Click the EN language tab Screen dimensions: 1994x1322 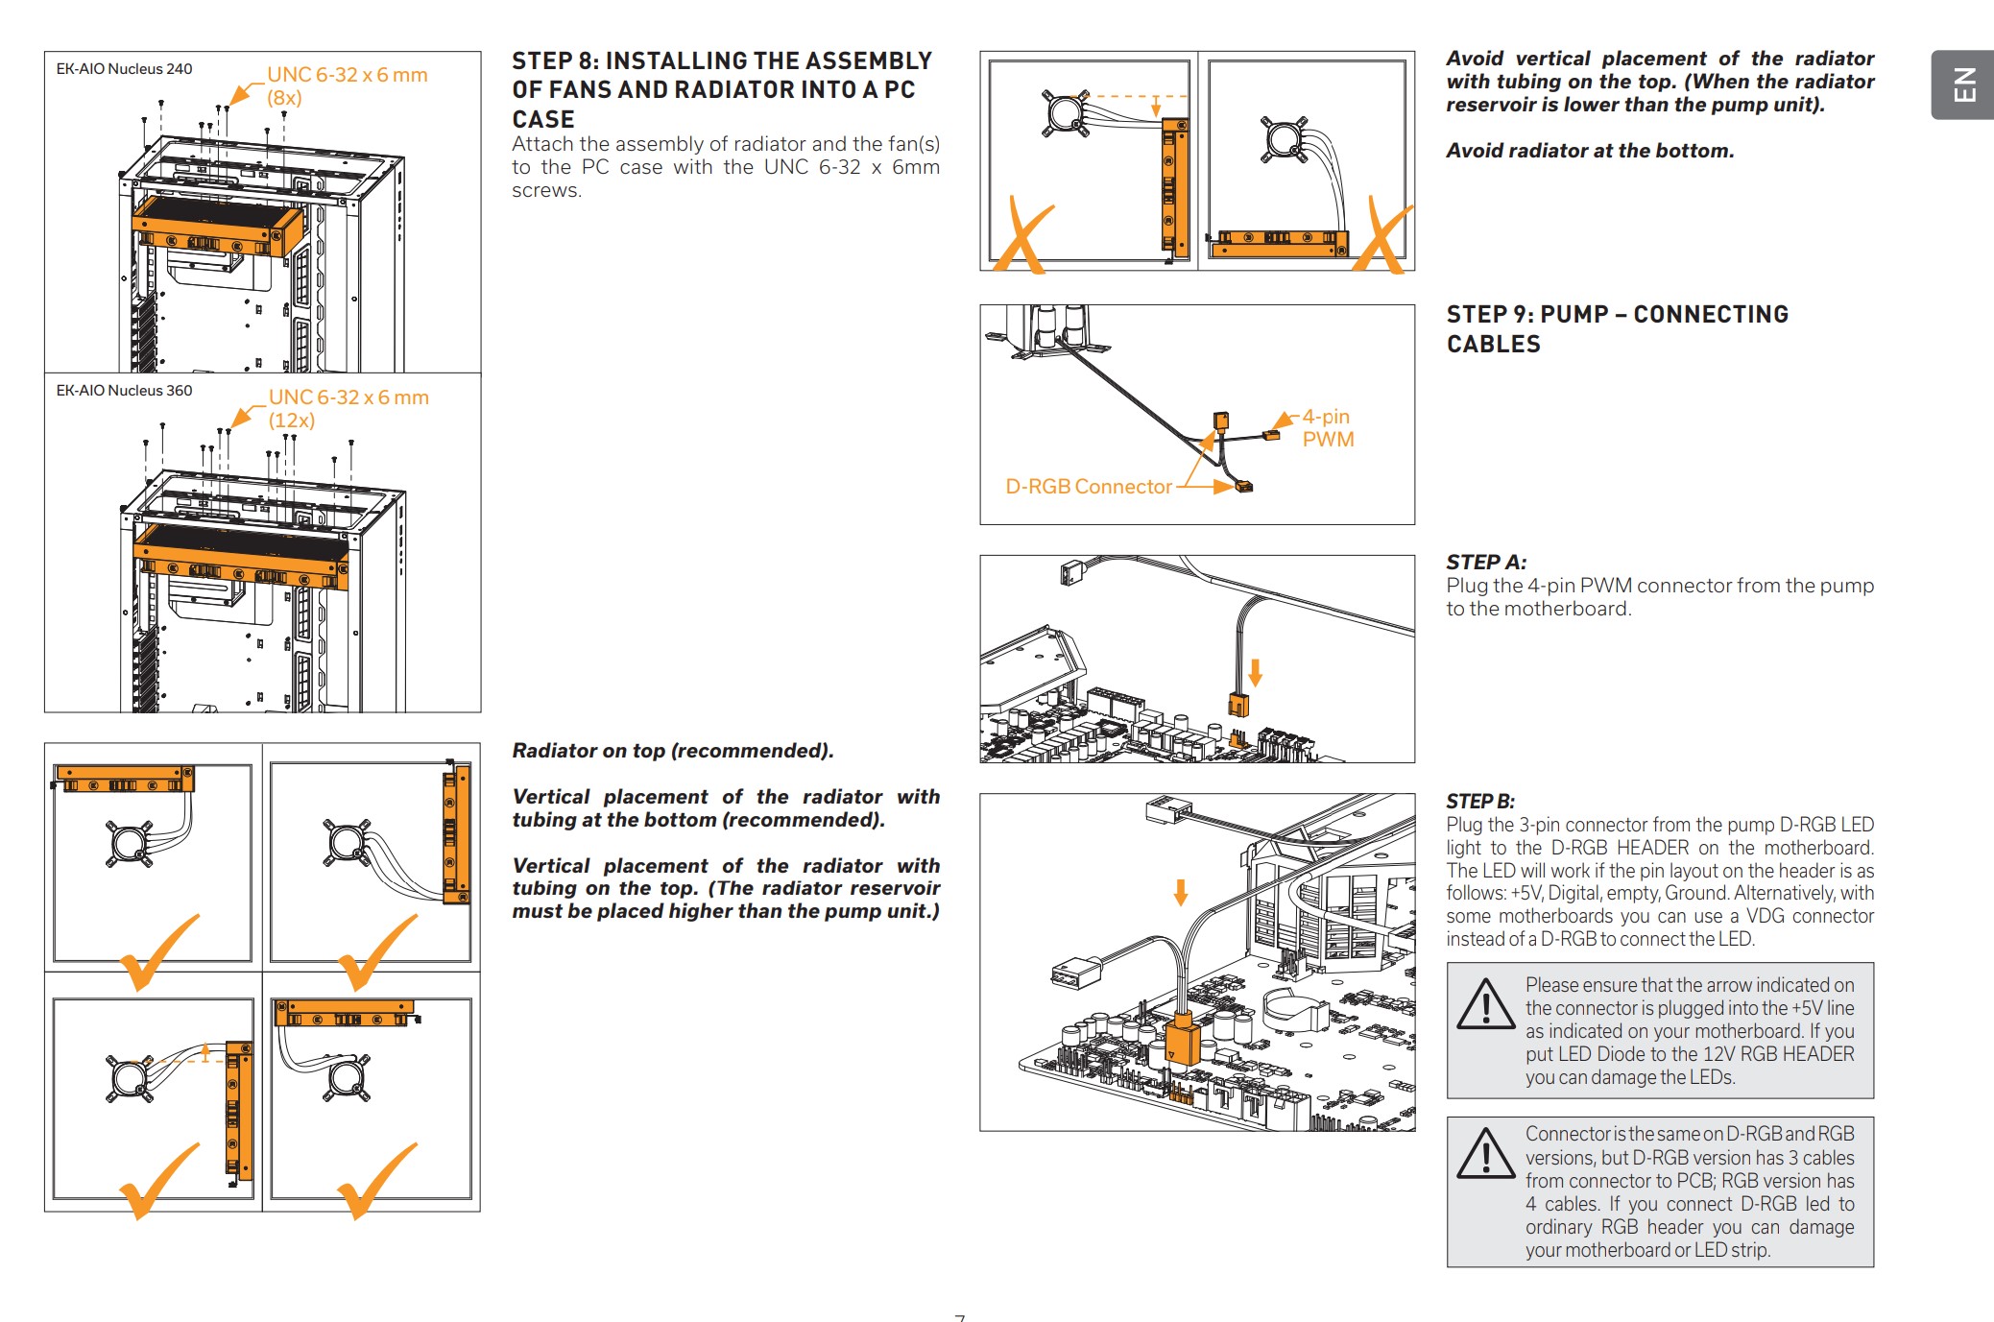click(1963, 84)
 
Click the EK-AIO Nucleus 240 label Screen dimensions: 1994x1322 click(124, 69)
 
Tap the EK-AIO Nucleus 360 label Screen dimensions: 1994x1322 click(124, 391)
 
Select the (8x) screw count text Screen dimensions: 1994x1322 click(284, 98)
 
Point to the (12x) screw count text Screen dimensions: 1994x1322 click(292, 421)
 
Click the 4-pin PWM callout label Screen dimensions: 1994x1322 click(1328, 428)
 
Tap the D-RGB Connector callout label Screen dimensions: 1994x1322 click(1089, 487)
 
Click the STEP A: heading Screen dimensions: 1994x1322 click(1486, 563)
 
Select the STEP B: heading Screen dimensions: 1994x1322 click(1480, 802)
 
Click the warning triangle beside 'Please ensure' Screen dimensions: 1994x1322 click(1486, 1003)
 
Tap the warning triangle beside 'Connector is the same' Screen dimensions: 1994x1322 click(1486, 1153)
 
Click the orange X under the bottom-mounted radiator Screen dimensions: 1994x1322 click(1383, 235)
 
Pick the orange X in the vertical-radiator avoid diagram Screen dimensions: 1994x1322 click(1023, 235)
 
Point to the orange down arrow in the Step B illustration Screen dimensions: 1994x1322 click(1181, 892)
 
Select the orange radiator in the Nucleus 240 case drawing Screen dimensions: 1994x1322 click(218, 228)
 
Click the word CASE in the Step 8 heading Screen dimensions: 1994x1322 click(543, 120)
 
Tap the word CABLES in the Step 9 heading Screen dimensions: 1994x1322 click(1494, 345)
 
